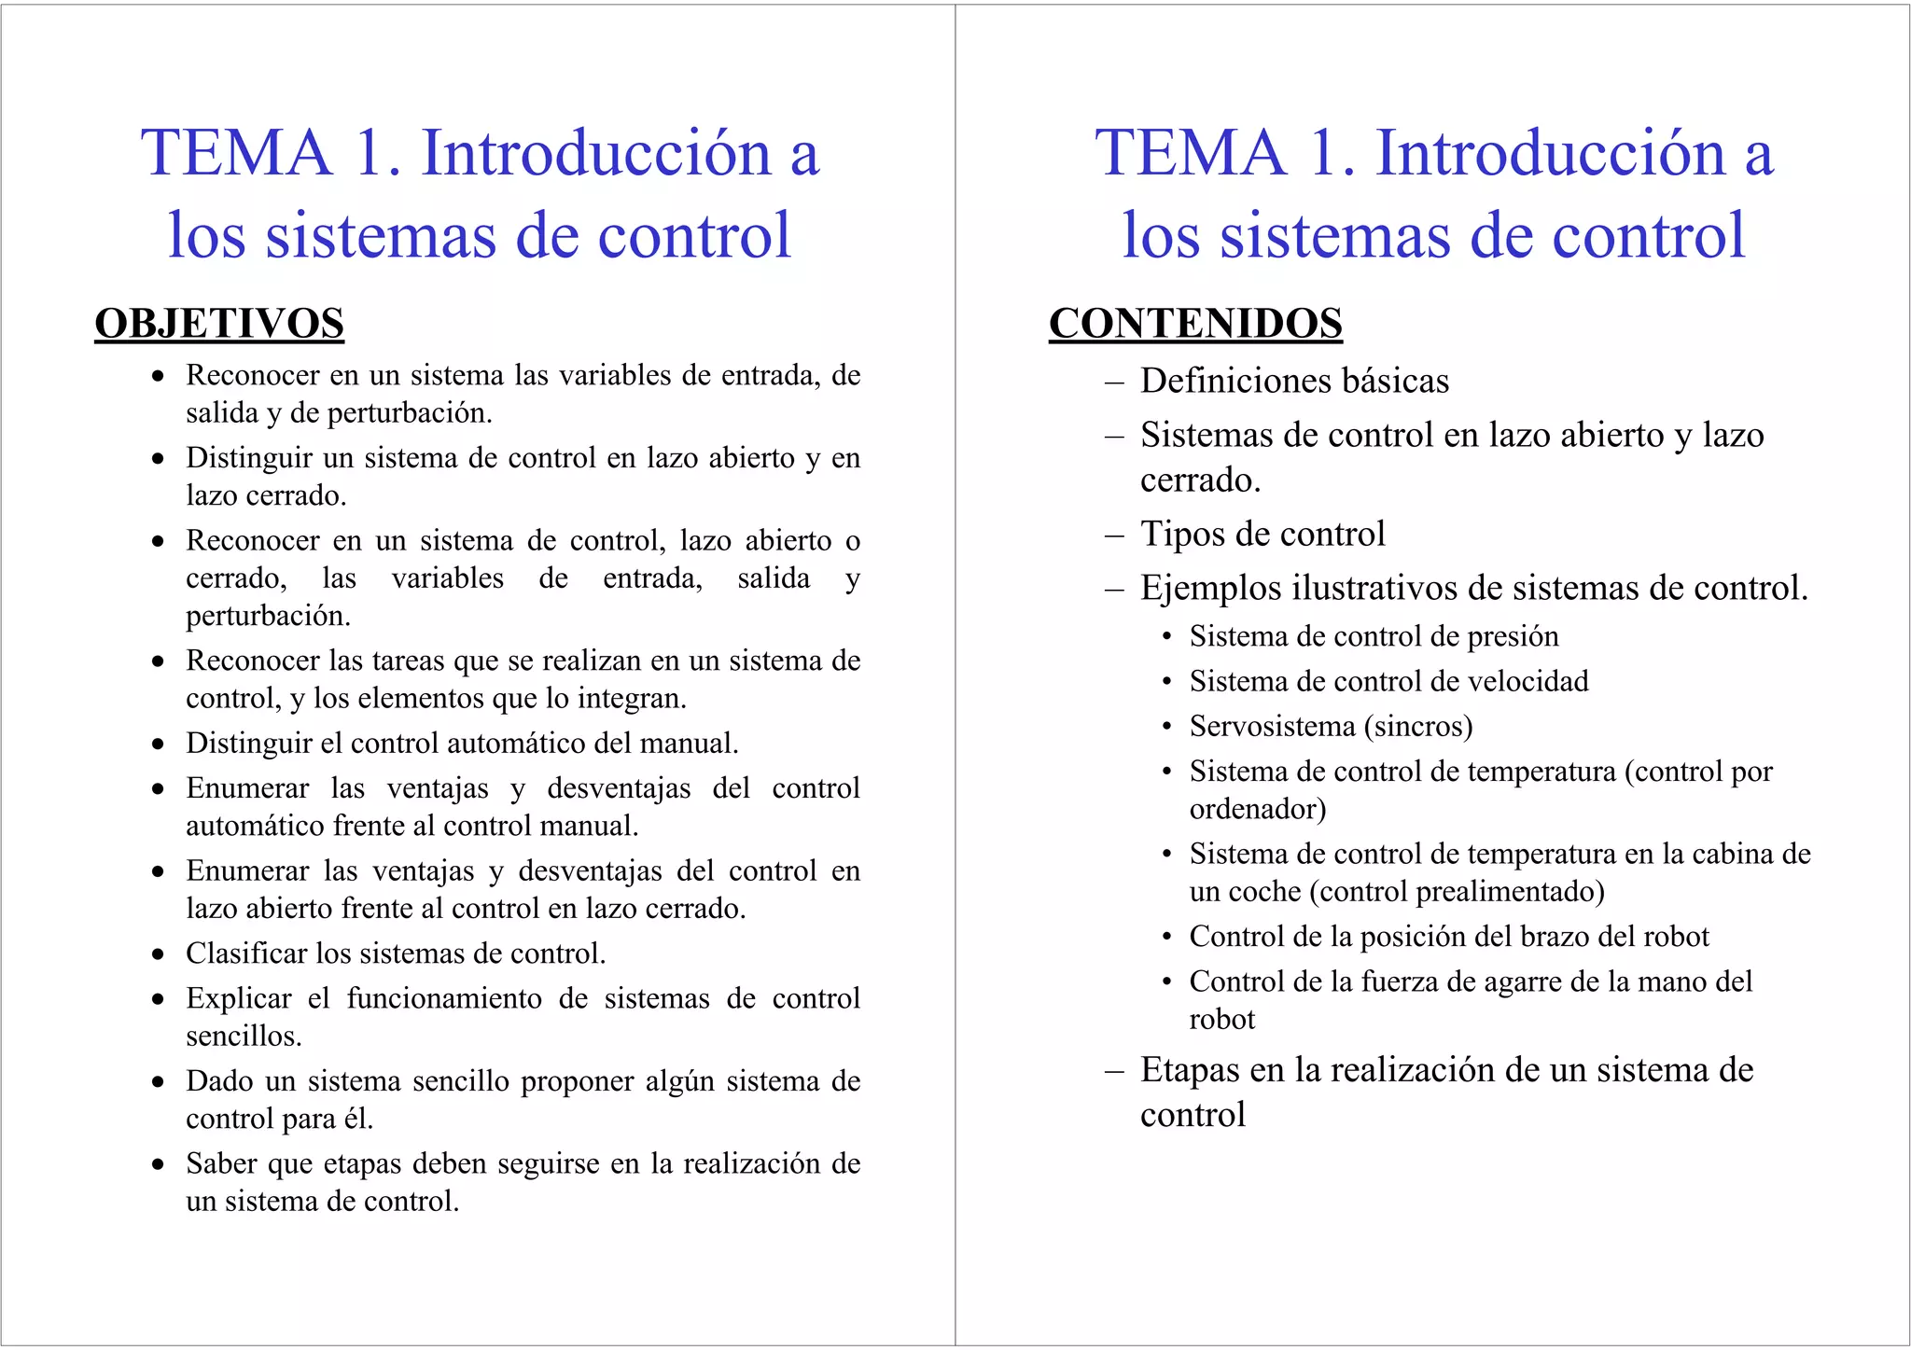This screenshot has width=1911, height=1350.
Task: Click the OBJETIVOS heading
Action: [219, 324]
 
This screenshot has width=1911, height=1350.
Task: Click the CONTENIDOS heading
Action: [1195, 324]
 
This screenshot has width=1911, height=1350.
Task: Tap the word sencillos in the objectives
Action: [243, 1037]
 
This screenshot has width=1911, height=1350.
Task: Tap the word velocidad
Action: [1527, 681]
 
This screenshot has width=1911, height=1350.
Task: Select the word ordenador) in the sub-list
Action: [1257, 809]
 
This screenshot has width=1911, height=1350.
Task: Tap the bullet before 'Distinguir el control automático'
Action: [159, 745]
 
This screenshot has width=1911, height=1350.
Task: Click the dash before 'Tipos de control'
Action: [1113, 536]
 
